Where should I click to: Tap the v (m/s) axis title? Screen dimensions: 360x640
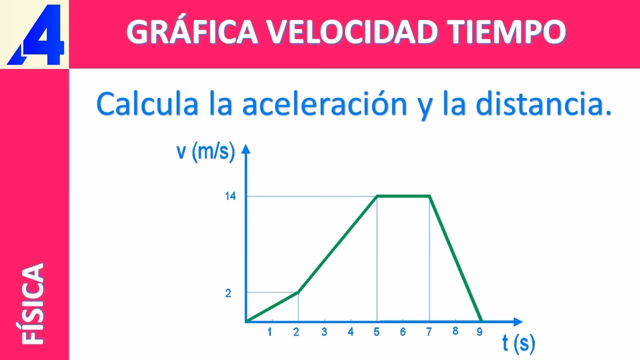coord(205,151)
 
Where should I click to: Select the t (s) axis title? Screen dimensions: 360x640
coord(518,343)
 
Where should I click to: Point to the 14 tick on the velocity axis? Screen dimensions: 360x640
coord(230,196)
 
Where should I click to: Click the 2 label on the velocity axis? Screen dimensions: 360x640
coord(228,293)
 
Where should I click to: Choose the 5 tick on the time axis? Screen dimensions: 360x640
coord(376,331)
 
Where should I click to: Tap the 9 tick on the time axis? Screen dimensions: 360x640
coord(479,331)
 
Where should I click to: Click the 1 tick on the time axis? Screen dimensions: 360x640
coord(270,331)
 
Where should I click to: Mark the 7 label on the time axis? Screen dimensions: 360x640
coord(429,331)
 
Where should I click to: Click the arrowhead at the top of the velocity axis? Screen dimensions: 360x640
coord(245,148)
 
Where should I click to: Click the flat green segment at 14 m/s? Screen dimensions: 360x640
coord(403,196)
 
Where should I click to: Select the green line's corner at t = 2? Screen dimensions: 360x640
coord(298,291)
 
